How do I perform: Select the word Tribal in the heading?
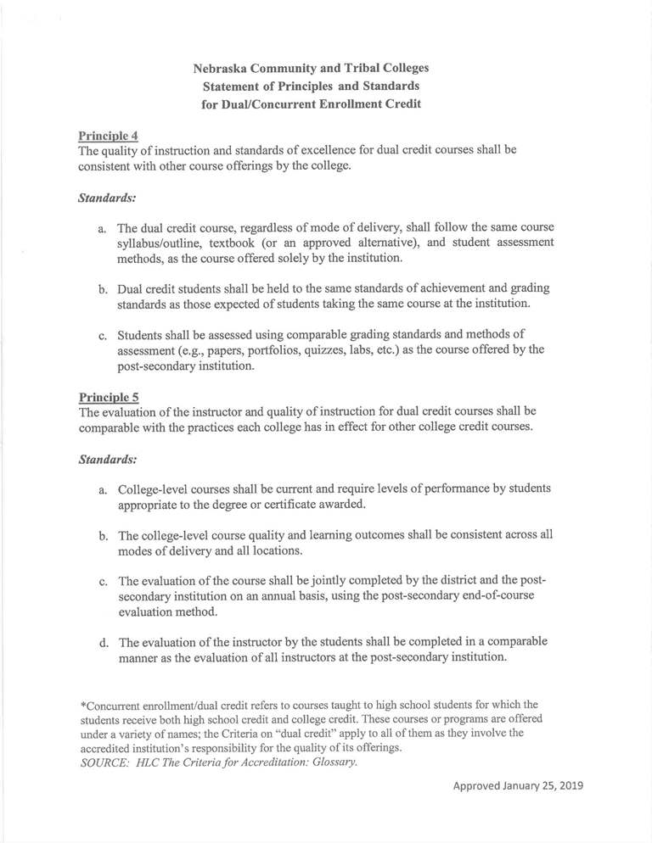tap(378, 67)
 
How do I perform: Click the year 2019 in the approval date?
tap(567, 785)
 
